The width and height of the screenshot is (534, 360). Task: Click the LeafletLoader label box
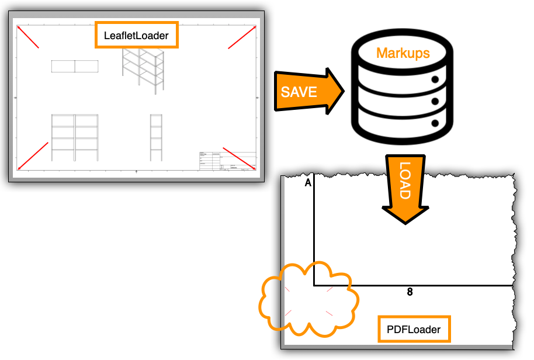(x=136, y=36)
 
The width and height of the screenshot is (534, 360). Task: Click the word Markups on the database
(x=403, y=53)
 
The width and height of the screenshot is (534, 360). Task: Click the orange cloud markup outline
(x=308, y=300)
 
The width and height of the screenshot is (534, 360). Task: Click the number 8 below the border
(x=410, y=292)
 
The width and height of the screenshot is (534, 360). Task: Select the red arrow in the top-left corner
(x=29, y=37)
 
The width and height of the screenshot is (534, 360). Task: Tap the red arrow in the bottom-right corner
(x=238, y=157)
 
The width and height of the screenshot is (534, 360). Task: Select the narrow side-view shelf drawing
(x=156, y=137)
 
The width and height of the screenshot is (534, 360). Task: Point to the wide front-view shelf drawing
(x=75, y=137)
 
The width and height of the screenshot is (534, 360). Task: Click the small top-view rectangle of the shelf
(x=74, y=66)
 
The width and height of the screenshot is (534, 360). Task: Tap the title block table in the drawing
(x=227, y=161)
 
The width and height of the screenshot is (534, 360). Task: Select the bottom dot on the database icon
(x=435, y=123)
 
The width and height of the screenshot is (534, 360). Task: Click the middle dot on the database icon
(x=435, y=102)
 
